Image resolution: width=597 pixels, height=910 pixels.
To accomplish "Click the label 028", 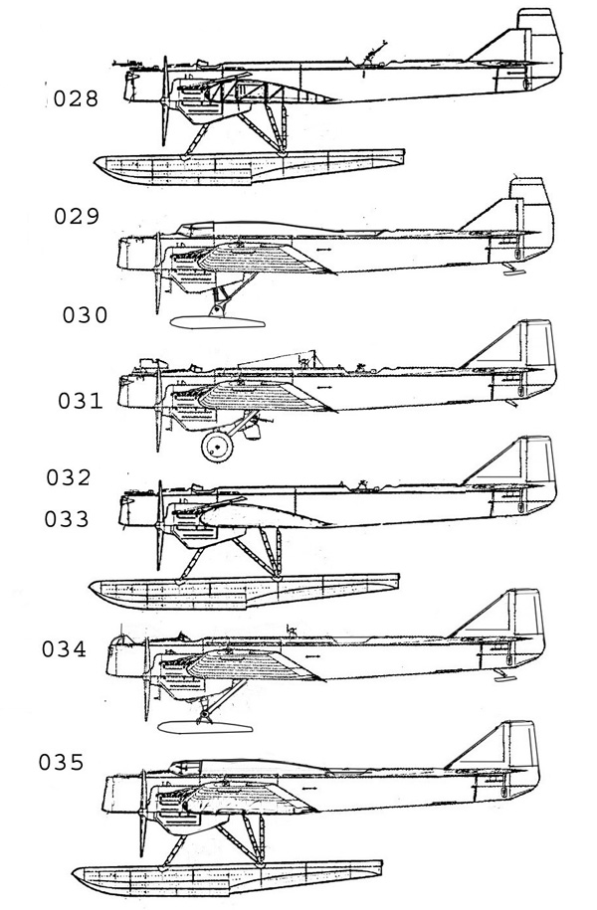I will (77, 99).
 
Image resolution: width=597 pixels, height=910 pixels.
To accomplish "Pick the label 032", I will (69, 477).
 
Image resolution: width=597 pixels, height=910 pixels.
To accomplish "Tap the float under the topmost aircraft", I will (249, 164).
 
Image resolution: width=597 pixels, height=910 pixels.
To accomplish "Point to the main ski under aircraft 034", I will (209, 725).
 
